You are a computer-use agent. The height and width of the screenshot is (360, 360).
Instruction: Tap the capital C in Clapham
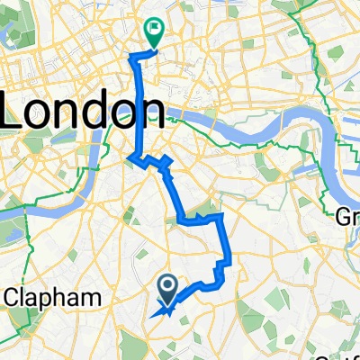[x=13, y=297]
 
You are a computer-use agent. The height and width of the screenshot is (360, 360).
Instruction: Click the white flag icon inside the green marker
[x=155, y=29]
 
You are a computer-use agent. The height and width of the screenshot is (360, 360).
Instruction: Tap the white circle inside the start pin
[x=167, y=284]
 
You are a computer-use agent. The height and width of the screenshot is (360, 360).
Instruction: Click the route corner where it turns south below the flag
[x=136, y=57]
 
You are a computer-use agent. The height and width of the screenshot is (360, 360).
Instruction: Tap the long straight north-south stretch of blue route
[x=138, y=108]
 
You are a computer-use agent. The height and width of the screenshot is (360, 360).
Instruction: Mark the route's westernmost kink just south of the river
[x=131, y=158]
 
